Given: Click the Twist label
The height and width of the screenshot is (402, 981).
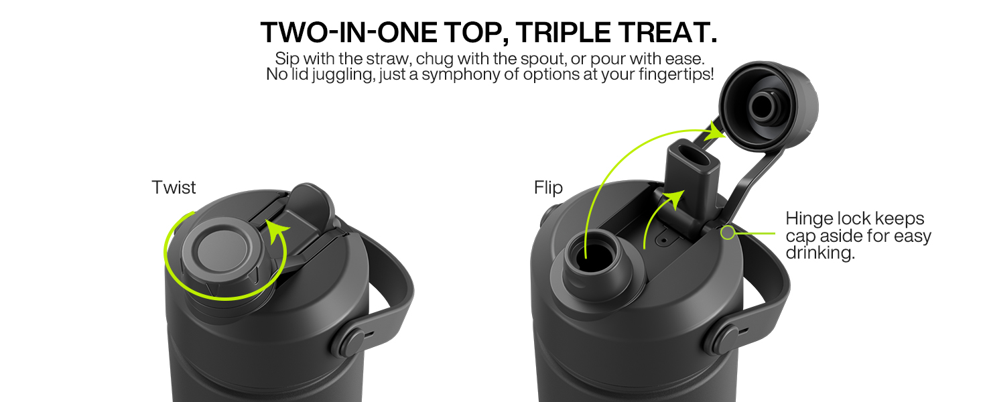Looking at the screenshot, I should tap(174, 187).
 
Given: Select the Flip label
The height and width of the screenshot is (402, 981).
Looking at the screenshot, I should tap(548, 188).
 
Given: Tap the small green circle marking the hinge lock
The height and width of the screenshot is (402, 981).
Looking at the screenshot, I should tap(727, 232).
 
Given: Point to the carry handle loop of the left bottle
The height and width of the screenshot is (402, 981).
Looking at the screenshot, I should tap(395, 281).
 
